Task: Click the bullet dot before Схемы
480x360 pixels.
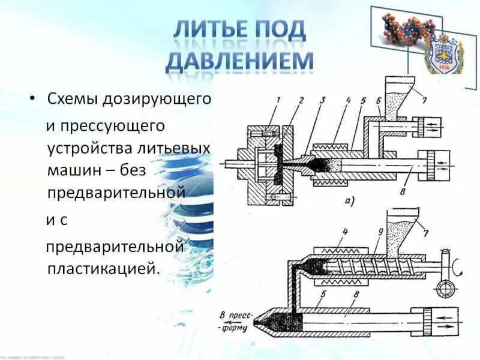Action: (33, 98)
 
